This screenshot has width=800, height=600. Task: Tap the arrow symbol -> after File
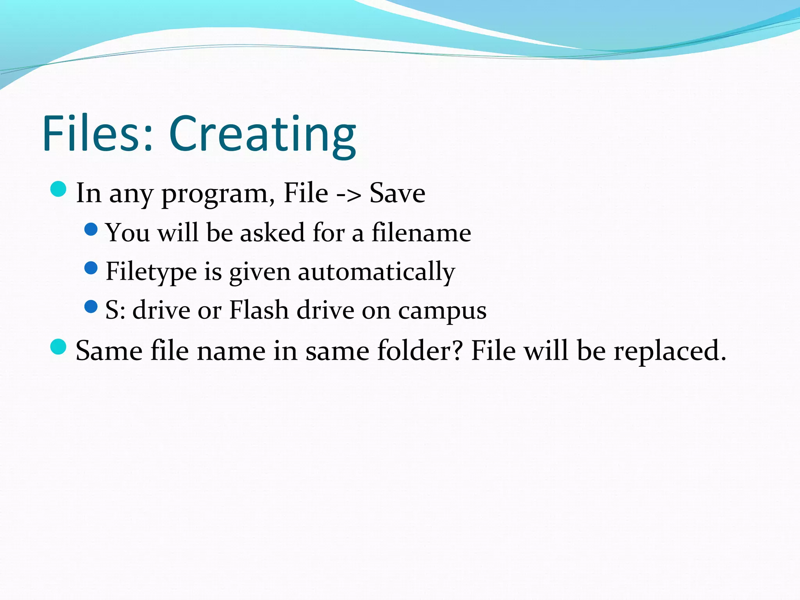pos(348,194)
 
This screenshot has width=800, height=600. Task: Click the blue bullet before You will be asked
pos(91,229)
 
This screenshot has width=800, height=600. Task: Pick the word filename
pos(421,233)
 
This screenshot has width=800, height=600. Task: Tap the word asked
pos(272,233)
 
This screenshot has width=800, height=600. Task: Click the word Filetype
pos(151,271)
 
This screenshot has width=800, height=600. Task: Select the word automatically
pos(376,272)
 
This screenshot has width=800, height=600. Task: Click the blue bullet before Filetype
pos(91,268)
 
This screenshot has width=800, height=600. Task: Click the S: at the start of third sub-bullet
pos(115,311)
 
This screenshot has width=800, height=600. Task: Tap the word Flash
pos(259,310)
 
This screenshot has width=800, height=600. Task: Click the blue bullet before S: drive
pos(91,307)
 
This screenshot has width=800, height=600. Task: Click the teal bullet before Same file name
pos(59,347)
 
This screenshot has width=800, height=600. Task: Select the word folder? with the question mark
pos(420,350)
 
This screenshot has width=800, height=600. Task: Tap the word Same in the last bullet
pos(109,351)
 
